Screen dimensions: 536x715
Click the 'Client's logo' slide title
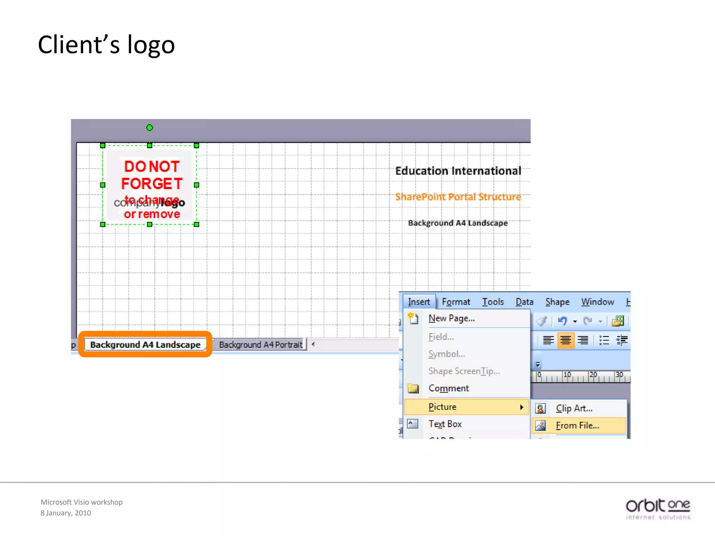tap(106, 45)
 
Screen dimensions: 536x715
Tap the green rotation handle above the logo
tap(149, 128)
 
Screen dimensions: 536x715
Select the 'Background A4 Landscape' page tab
tap(145, 345)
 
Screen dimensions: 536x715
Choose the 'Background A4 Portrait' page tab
tap(260, 345)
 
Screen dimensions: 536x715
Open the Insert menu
tap(419, 302)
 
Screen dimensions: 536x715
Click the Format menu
tap(456, 302)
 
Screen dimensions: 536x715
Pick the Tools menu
tap(493, 302)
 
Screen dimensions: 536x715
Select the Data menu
tap(524, 302)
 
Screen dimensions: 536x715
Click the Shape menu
tap(557, 302)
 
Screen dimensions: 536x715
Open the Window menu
tap(597, 302)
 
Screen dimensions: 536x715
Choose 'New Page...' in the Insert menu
tap(451, 318)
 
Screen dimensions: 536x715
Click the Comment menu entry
tap(449, 388)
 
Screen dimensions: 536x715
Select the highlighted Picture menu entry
tap(443, 407)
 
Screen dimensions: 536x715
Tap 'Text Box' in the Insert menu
tap(445, 424)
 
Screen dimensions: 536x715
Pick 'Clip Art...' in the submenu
tap(574, 408)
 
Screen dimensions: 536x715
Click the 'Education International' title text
tap(458, 171)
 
